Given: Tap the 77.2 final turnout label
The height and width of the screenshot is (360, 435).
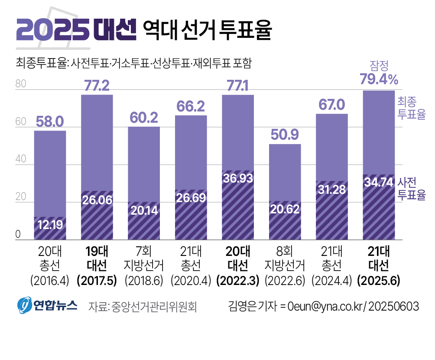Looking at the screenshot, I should [97, 85].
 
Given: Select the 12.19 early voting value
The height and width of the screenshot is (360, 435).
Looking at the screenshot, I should [50, 225].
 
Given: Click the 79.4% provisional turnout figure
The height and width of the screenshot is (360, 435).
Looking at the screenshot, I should [379, 79].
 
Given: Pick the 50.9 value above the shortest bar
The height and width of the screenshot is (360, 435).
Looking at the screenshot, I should [285, 135].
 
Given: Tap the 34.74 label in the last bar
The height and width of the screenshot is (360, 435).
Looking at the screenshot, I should [378, 183].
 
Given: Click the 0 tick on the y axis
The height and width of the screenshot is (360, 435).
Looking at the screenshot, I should [18, 235].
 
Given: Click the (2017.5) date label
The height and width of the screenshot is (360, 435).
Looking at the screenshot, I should [97, 281].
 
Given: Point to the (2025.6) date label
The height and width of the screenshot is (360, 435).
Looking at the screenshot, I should [378, 281].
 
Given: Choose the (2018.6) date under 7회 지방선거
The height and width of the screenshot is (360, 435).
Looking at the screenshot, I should [144, 281].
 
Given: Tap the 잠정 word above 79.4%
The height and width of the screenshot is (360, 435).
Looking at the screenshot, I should [379, 65].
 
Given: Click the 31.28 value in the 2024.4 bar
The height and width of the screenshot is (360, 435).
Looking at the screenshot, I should [331, 190].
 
